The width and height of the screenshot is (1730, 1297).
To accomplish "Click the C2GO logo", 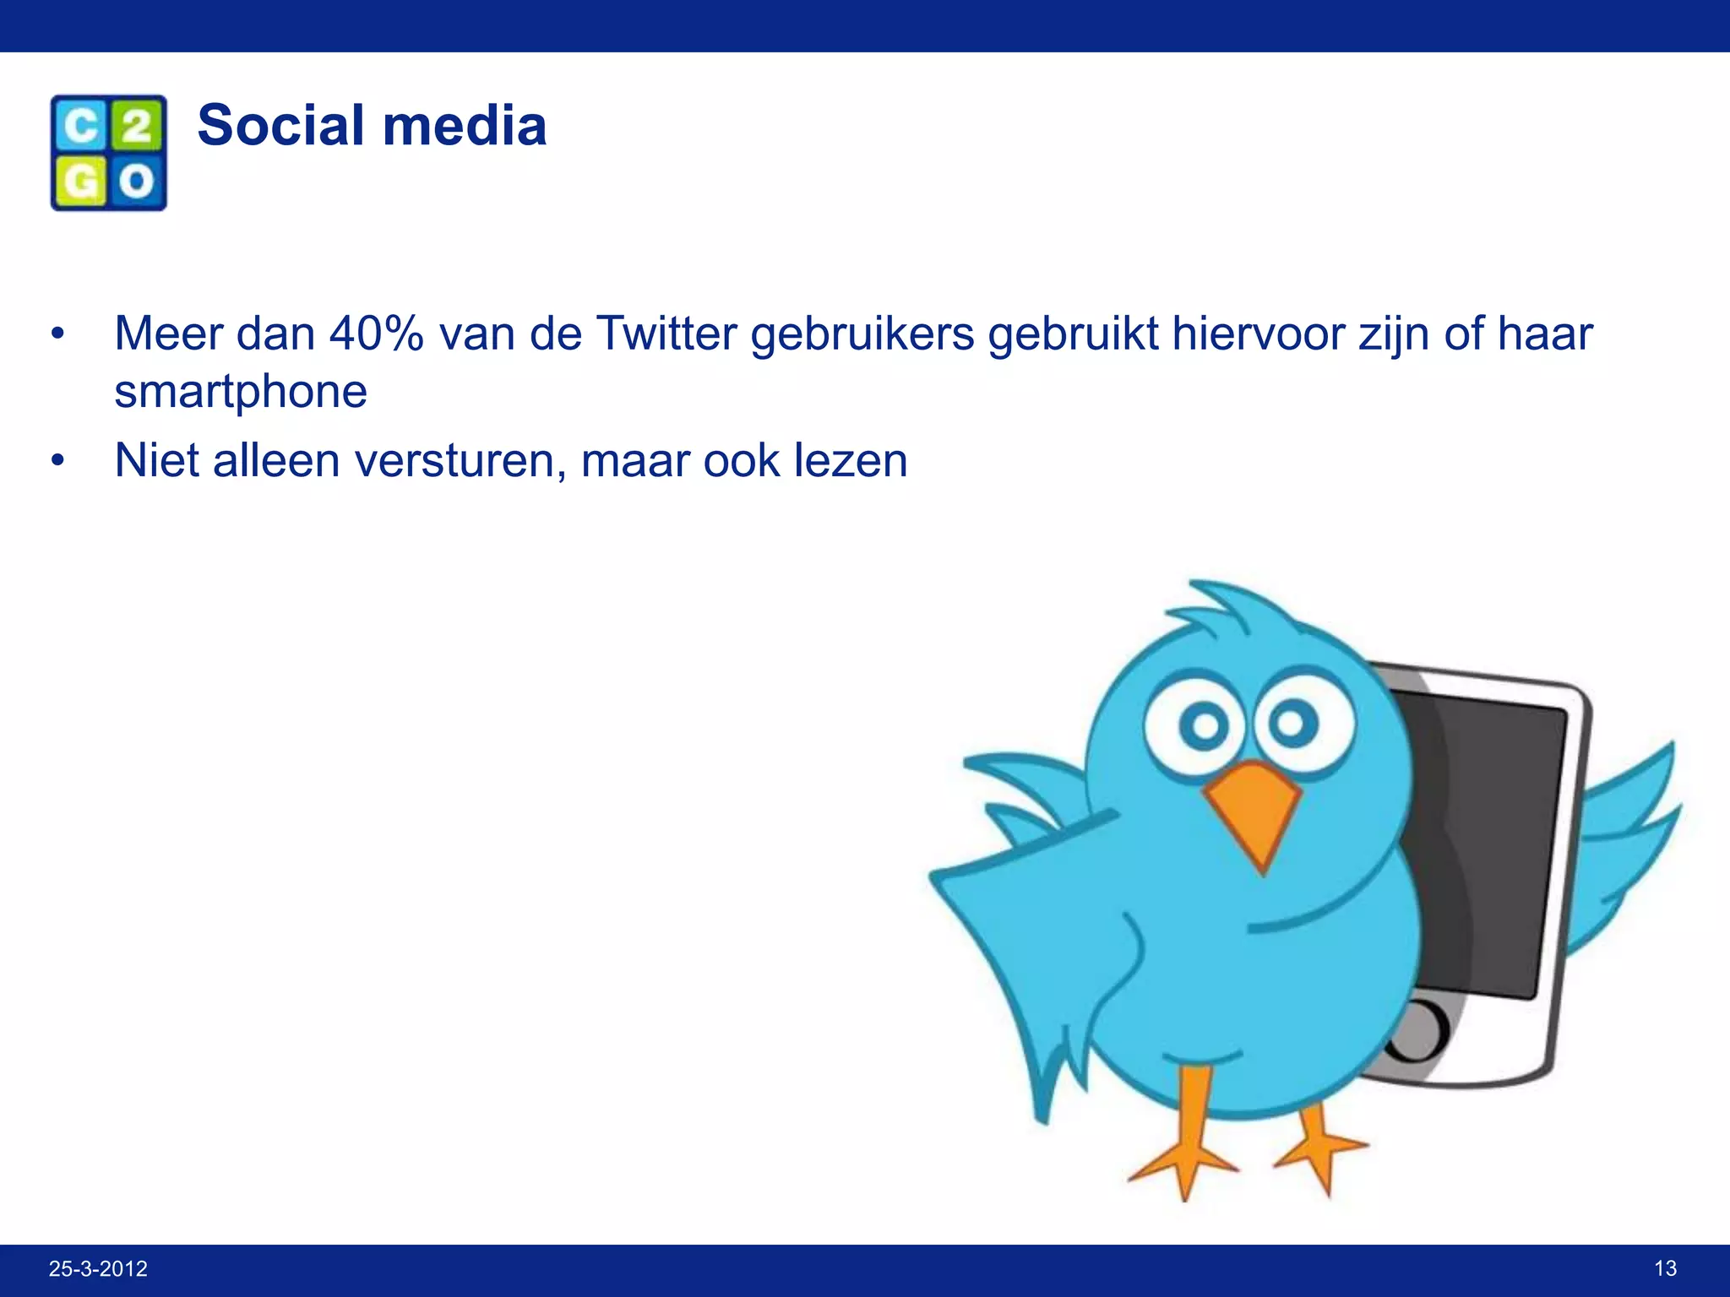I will click(x=109, y=153).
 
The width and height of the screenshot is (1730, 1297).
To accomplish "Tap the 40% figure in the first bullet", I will click(x=376, y=334).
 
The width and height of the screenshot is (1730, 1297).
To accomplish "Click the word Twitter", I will click(x=666, y=334).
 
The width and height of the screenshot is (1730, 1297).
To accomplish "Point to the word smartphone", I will click(x=241, y=392).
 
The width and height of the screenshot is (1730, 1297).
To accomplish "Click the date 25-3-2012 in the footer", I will click(x=98, y=1268).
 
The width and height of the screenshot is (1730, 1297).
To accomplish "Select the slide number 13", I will click(x=1665, y=1268).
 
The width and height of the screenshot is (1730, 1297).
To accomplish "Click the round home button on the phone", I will click(x=1419, y=1030).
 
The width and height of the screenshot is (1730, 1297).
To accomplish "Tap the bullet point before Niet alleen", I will click(x=57, y=461).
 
